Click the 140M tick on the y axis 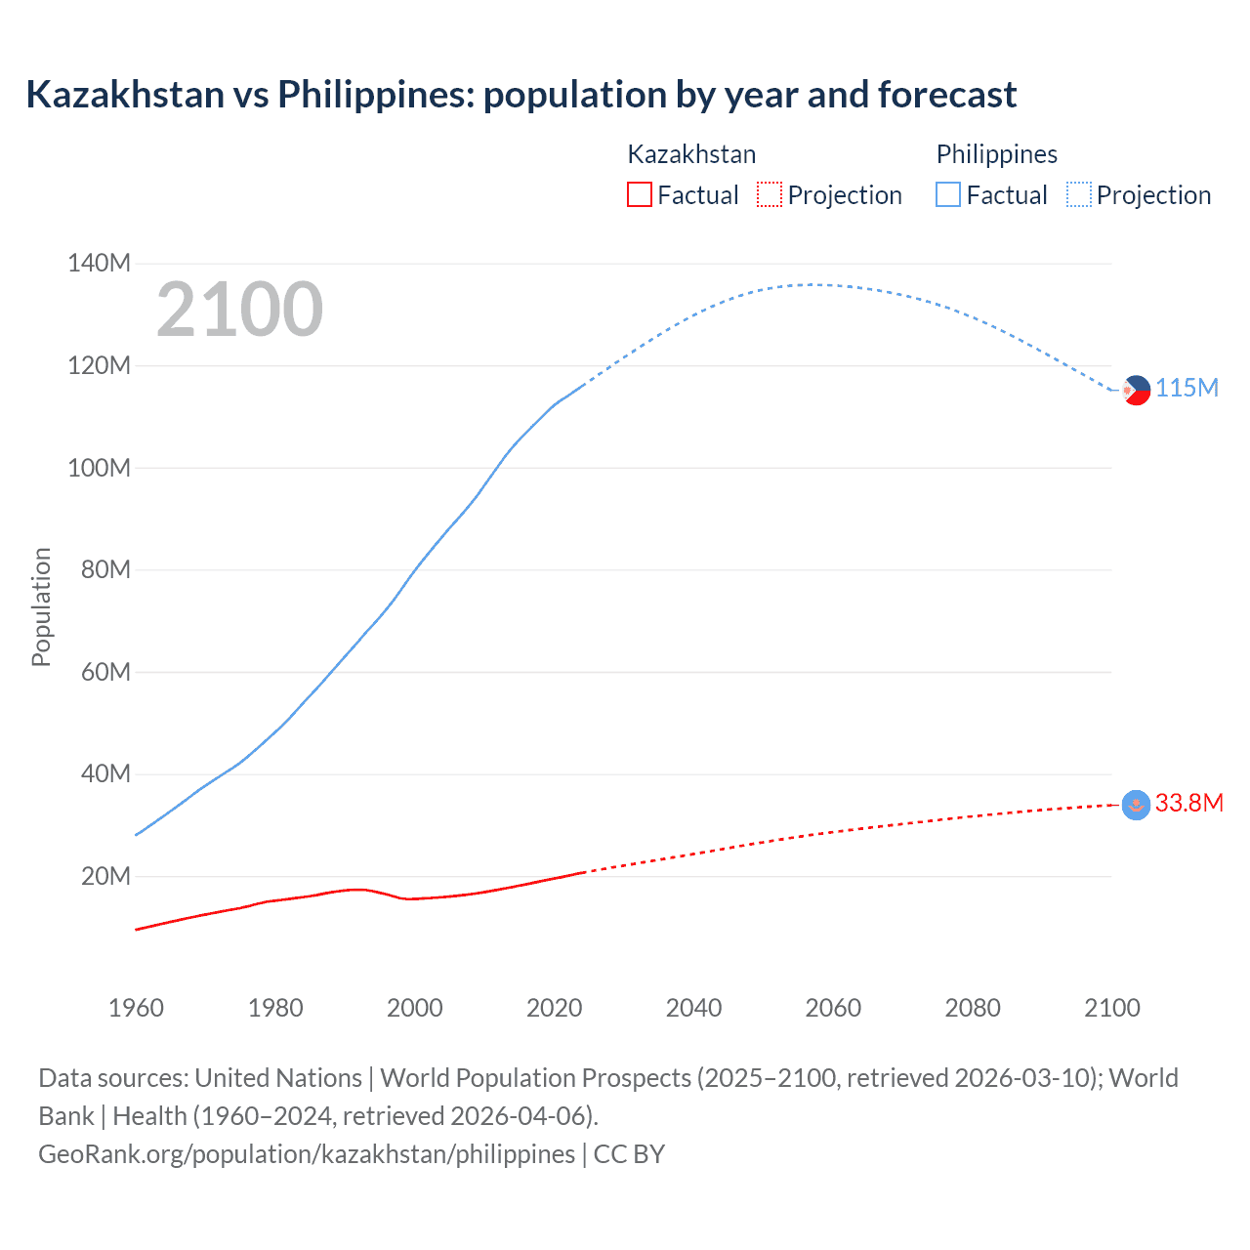coord(99,264)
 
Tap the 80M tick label coord(105,569)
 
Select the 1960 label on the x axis coord(136,1008)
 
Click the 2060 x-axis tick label coord(833,1008)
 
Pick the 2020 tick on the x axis coord(554,1008)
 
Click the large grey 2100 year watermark coord(239,310)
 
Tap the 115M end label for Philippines coord(1187,389)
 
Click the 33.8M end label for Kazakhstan coord(1188,803)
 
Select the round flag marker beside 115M coord(1136,390)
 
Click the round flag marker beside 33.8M coord(1136,805)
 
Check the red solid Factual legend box coord(639,195)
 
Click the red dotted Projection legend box coord(770,195)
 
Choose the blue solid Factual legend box coord(948,195)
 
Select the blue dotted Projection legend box coord(1078,195)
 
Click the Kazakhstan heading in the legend coord(691,154)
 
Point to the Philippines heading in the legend coord(996,154)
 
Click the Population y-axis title coord(41,606)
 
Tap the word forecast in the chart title coord(946,95)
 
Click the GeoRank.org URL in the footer coord(307,1154)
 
